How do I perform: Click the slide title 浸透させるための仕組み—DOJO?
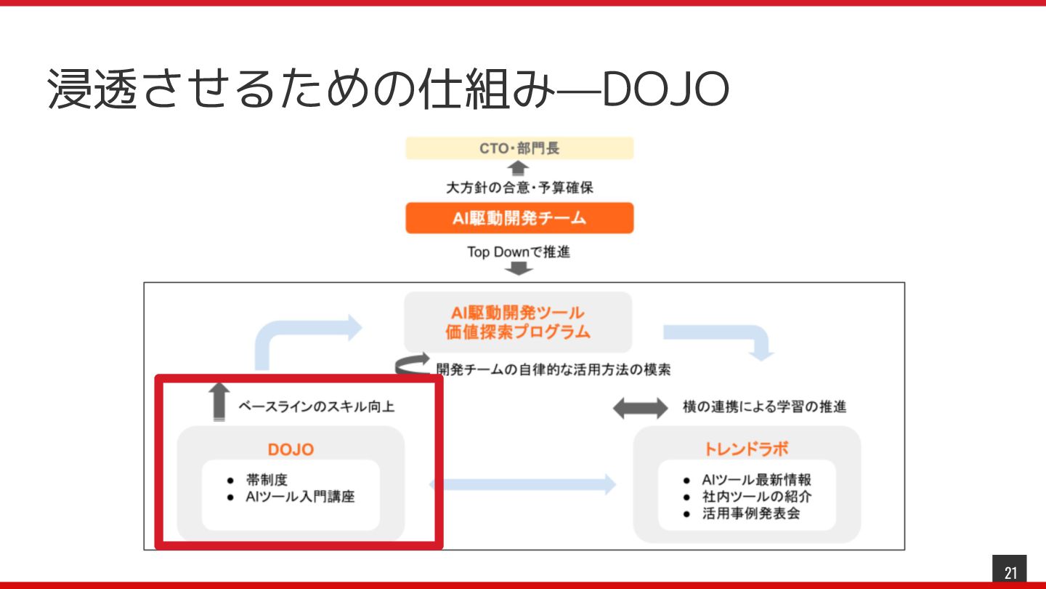pos(388,90)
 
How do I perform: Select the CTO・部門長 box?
pos(519,148)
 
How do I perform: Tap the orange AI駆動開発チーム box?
pos(519,218)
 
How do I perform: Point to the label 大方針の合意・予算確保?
pos(519,188)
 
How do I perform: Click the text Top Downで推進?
pos(518,252)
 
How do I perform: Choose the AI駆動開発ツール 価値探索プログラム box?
pos(518,322)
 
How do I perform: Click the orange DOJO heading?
pos(291,449)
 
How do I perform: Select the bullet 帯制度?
pos(267,480)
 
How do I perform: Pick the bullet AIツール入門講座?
pos(300,497)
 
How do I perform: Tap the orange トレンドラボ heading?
pos(747,449)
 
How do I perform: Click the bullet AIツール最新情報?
pos(756,480)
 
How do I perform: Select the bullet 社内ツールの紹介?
pos(756,497)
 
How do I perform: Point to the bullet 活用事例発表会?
pos(750,514)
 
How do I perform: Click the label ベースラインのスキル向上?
pos(317,407)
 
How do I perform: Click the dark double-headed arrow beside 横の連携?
pos(640,408)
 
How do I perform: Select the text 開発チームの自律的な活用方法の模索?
pos(554,369)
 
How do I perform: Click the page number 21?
pos(1010,572)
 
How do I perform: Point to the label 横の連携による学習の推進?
pos(764,406)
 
